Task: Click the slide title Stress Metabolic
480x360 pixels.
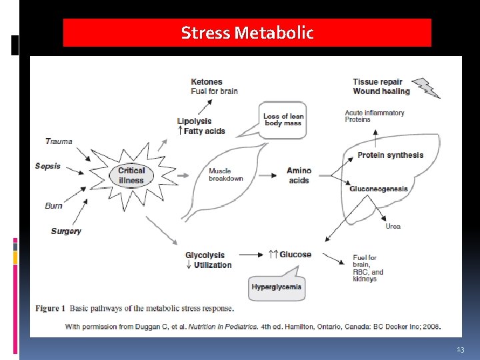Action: tap(247, 33)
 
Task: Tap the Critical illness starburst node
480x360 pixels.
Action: tap(131, 175)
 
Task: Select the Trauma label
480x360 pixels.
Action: tap(59, 141)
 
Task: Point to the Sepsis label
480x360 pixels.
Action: tap(48, 166)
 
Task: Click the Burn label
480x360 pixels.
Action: tap(54, 206)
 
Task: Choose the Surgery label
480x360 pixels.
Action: tap(66, 231)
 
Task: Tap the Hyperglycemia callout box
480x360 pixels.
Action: tap(277, 287)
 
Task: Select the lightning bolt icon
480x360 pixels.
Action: tap(426, 87)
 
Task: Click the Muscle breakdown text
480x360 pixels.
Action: tap(226, 175)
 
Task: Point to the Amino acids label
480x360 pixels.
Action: tap(299, 175)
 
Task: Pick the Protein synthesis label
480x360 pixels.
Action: tap(390, 155)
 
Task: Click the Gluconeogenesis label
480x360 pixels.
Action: tap(379, 189)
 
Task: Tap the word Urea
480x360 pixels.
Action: tap(393, 227)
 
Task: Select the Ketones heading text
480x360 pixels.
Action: tap(207, 82)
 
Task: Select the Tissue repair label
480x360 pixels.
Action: tap(378, 82)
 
